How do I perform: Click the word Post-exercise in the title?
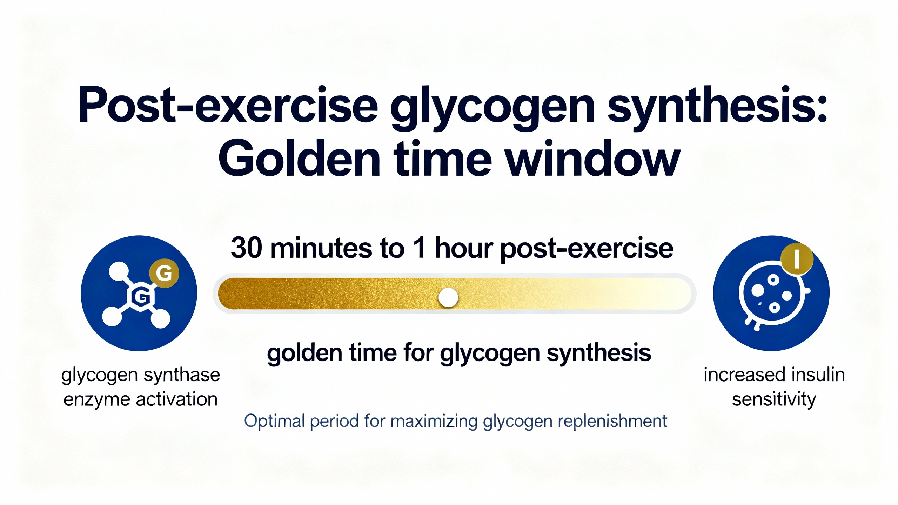228,105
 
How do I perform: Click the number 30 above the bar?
246,248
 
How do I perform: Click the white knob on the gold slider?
448,297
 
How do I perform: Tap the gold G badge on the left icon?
164,273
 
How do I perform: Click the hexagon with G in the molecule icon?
141,297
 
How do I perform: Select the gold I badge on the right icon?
797,259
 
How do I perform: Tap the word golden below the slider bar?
304,353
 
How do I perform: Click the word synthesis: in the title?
717,105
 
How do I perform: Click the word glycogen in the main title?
492,107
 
